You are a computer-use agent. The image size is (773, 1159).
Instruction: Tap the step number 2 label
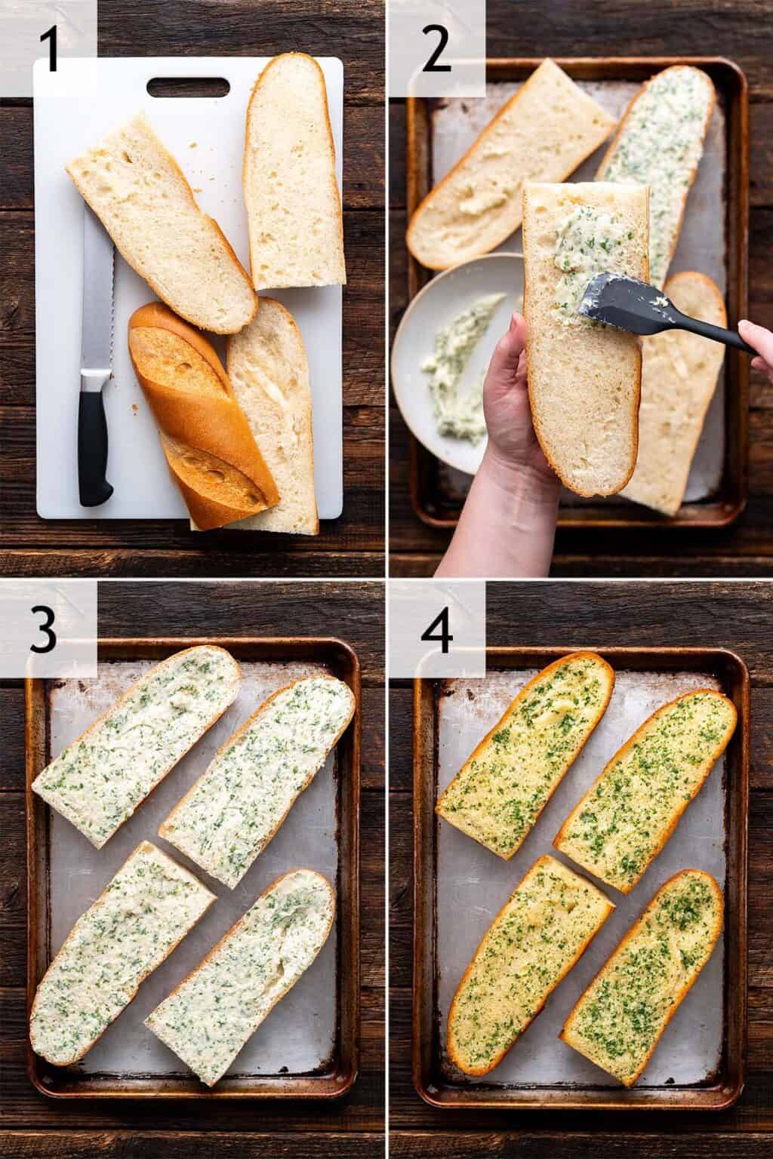click(436, 51)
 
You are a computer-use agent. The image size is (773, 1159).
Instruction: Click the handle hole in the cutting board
click(189, 87)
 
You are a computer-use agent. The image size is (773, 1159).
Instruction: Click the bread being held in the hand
click(585, 337)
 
